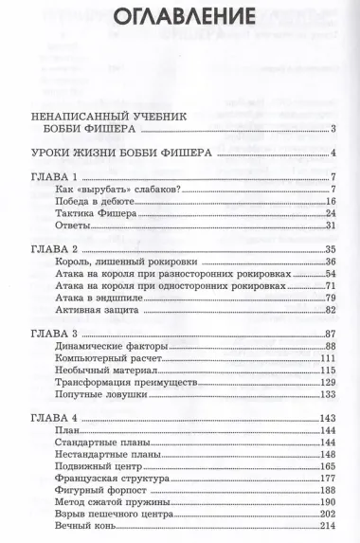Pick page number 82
332,310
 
